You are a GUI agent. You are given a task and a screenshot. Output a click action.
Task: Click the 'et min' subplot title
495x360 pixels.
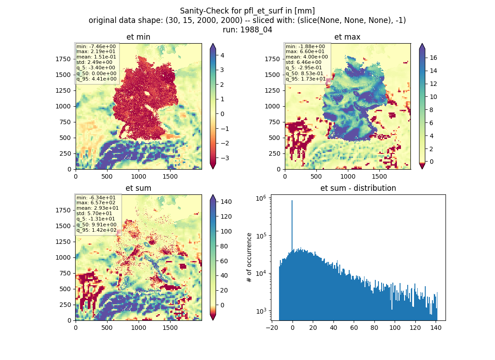tap(138, 37)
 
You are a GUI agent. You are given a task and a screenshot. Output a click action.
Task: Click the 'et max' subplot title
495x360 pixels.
tap(347, 37)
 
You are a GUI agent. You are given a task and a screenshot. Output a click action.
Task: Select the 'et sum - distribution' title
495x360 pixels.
tap(358, 188)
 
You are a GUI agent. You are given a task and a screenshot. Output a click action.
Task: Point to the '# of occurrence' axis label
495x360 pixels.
tap(249, 258)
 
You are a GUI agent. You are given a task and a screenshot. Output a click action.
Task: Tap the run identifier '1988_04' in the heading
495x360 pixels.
tap(256, 30)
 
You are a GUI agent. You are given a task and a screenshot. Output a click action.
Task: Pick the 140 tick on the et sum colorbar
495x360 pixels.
tap(226, 202)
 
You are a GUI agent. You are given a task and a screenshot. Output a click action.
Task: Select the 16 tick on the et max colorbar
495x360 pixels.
tap(433, 58)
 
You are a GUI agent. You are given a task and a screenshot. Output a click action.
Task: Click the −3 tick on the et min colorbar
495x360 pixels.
tap(225, 158)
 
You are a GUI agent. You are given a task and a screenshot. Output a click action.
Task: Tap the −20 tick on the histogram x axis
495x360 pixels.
tap(272, 328)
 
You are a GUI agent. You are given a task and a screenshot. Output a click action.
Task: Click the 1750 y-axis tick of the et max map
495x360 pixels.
tap(272, 59)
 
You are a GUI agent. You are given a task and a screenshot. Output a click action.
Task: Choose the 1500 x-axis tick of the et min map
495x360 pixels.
tap(170, 176)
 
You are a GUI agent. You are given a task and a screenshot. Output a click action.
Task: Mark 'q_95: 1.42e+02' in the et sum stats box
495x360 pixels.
tap(97, 230)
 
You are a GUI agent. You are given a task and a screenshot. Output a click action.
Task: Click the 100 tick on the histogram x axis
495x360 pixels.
tap(395, 328)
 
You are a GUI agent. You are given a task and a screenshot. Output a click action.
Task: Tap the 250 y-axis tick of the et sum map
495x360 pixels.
tap(66, 305)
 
